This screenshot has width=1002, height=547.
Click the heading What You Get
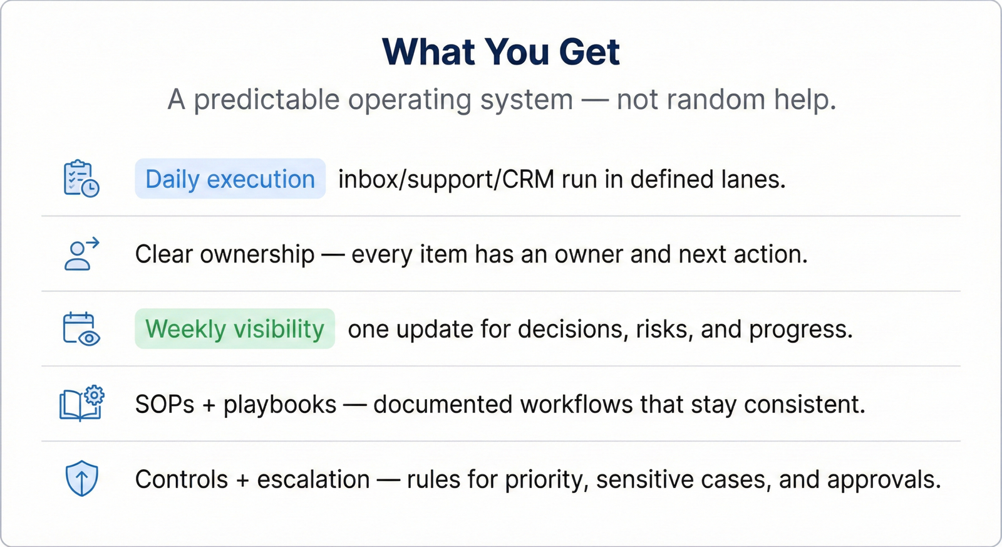point(501,52)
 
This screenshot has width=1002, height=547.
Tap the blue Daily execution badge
point(230,179)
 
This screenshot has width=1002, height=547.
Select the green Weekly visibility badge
point(235,328)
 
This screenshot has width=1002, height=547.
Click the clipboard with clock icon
point(81,178)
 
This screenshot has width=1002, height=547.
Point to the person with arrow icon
point(81,254)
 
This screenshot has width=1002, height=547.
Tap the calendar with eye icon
point(81,329)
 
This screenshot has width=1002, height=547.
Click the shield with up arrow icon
point(81,478)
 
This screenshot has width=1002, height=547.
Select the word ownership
point(257,254)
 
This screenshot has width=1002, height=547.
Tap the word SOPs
point(165,404)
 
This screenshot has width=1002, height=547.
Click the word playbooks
point(279,405)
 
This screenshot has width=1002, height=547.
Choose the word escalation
point(313,479)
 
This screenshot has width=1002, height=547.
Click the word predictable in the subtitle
point(267,100)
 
